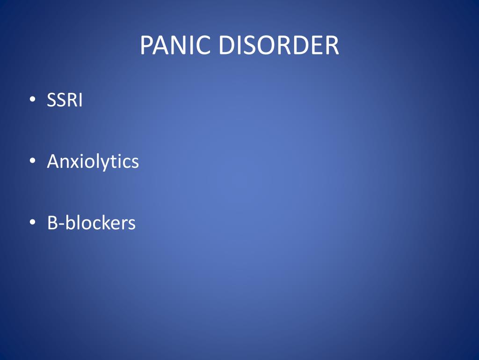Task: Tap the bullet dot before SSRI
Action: [x=31, y=99]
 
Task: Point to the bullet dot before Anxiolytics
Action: [x=31, y=161]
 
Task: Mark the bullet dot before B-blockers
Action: [x=31, y=222]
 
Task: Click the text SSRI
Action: [x=65, y=100]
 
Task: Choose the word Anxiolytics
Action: [x=93, y=162]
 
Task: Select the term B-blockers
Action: [x=91, y=223]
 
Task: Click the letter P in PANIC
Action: [x=146, y=46]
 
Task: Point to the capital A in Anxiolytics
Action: [x=53, y=162]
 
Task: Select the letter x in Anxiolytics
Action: [x=73, y=163]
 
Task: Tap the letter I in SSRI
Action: [x=80, y=100]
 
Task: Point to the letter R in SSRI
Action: [x=72, y=100]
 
